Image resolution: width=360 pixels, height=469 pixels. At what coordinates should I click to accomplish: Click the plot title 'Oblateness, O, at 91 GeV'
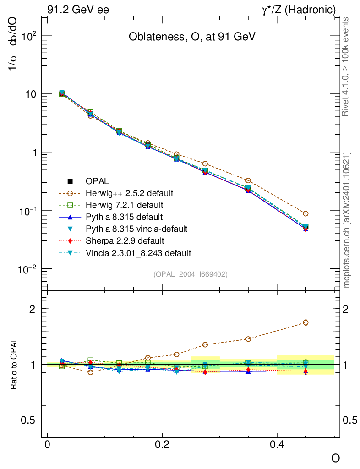coord(191,37)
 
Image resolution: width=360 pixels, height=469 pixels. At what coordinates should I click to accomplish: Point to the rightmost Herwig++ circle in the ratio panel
coord(305,322)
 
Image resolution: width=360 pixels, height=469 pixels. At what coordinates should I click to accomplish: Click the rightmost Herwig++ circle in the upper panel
coord(305,213)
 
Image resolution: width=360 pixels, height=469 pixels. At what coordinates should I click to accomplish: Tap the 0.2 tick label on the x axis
coord(162,444)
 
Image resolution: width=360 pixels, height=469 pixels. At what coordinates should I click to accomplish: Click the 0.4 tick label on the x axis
coord(277,444)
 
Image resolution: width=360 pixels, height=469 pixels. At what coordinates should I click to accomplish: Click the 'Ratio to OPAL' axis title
coord(14,364)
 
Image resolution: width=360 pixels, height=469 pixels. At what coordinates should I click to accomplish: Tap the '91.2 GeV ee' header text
coord(78,9)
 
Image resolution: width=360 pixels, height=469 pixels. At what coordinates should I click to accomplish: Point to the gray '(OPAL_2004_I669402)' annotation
coord(191,274)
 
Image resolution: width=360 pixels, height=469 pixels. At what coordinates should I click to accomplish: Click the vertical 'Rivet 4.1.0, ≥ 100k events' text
coord(346,67)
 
